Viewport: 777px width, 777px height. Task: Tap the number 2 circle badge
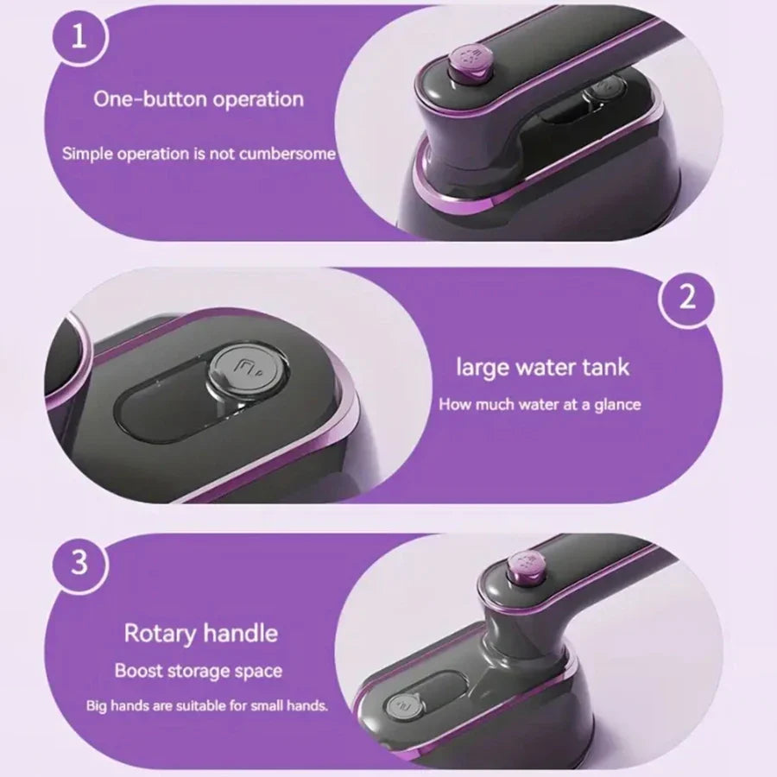tap(687, 300)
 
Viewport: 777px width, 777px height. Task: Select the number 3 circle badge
tap(79, 564)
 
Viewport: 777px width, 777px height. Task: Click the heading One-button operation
tap(199, 98)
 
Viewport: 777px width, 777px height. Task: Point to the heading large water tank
tap(542, 367)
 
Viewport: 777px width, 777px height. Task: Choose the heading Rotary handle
tap(200, 633)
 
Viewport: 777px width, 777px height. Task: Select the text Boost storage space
tap(199, 670)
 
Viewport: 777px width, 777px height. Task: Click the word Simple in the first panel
tap(87, 154)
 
